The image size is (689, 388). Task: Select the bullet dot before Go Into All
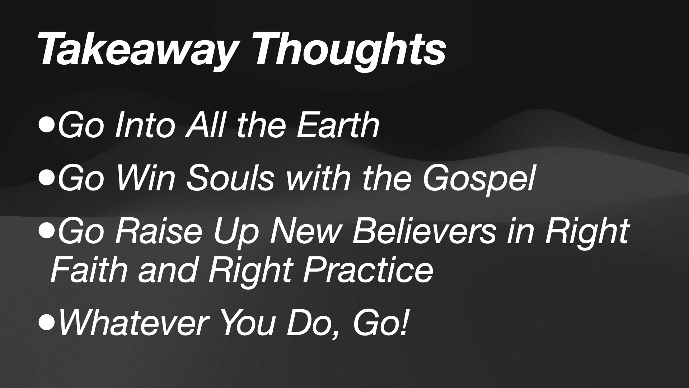click(47, 126)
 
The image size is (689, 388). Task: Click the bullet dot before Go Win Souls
click(47, 178)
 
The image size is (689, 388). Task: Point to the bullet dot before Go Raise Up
click(47, 231)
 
